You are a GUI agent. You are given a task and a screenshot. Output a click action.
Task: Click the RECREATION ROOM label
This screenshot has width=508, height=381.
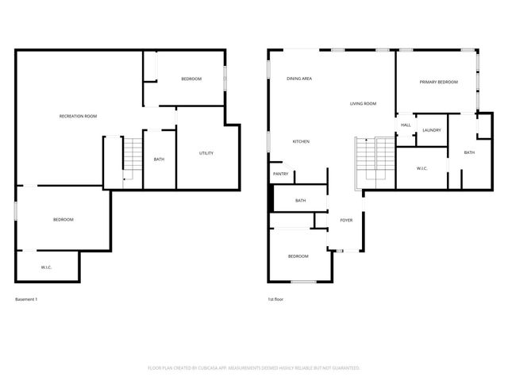[x=78, y=117]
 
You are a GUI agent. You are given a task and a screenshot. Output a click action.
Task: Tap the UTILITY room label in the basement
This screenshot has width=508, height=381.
[x=206, y=153]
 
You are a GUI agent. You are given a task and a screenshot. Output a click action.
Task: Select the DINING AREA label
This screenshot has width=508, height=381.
[x=299, y=79]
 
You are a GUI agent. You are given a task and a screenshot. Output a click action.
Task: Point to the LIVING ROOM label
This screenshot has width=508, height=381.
[x=364, y=104]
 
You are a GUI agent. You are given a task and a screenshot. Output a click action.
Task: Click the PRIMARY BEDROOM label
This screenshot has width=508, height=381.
[x=438, y=82]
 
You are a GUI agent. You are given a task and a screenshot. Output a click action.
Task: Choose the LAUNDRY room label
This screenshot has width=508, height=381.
[x=432, y=130]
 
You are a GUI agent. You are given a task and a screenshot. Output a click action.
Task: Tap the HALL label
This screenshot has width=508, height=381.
[x=406, y=125]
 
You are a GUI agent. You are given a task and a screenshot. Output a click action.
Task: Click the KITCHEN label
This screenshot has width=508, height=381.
[x=301, y=141]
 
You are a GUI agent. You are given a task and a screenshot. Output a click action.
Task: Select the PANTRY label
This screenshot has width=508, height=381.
[x=280, y=174]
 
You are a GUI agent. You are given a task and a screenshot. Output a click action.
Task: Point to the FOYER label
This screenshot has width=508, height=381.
[x=346, y=220]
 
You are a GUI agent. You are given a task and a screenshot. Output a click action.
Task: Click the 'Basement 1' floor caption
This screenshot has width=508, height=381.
[x=26, y=299]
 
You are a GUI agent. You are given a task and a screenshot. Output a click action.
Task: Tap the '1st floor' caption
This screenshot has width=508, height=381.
[x=275, y=299]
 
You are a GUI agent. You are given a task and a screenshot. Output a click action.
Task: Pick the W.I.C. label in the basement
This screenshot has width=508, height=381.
[x=46, y=267]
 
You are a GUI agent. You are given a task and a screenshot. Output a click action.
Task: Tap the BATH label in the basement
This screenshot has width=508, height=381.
[x=159, y=160]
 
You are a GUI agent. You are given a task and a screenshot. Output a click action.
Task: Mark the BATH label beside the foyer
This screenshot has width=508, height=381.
[x=300, y=201]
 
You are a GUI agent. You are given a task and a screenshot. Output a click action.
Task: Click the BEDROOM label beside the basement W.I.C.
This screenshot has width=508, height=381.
[x=63, y=219]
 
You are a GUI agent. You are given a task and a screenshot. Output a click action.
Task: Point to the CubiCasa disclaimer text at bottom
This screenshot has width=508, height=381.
[x=254, y=368]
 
